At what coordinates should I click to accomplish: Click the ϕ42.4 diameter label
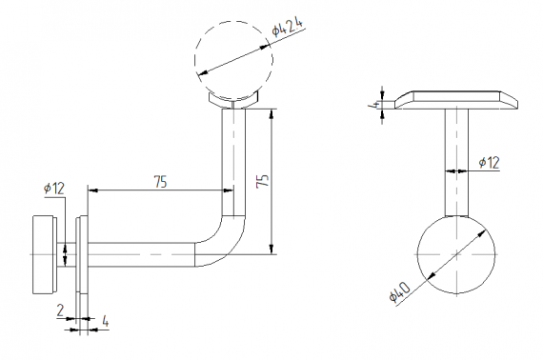click(x=287, y=27)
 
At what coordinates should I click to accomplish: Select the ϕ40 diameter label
click(x=400, y=291)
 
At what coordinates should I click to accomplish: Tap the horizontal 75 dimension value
click(x=160, y=182)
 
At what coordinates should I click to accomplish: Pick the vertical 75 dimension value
click(x=263, y=181)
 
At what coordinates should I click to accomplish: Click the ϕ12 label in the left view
click(x=54, y=189)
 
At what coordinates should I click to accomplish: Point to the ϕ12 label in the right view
click(x=490, y=162)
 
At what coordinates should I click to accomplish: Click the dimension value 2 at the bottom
click(x=60, y=310)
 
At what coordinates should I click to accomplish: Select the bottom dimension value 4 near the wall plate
click(x=106, y=322)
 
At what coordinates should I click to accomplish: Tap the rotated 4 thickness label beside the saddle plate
click(x=373, y=105)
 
